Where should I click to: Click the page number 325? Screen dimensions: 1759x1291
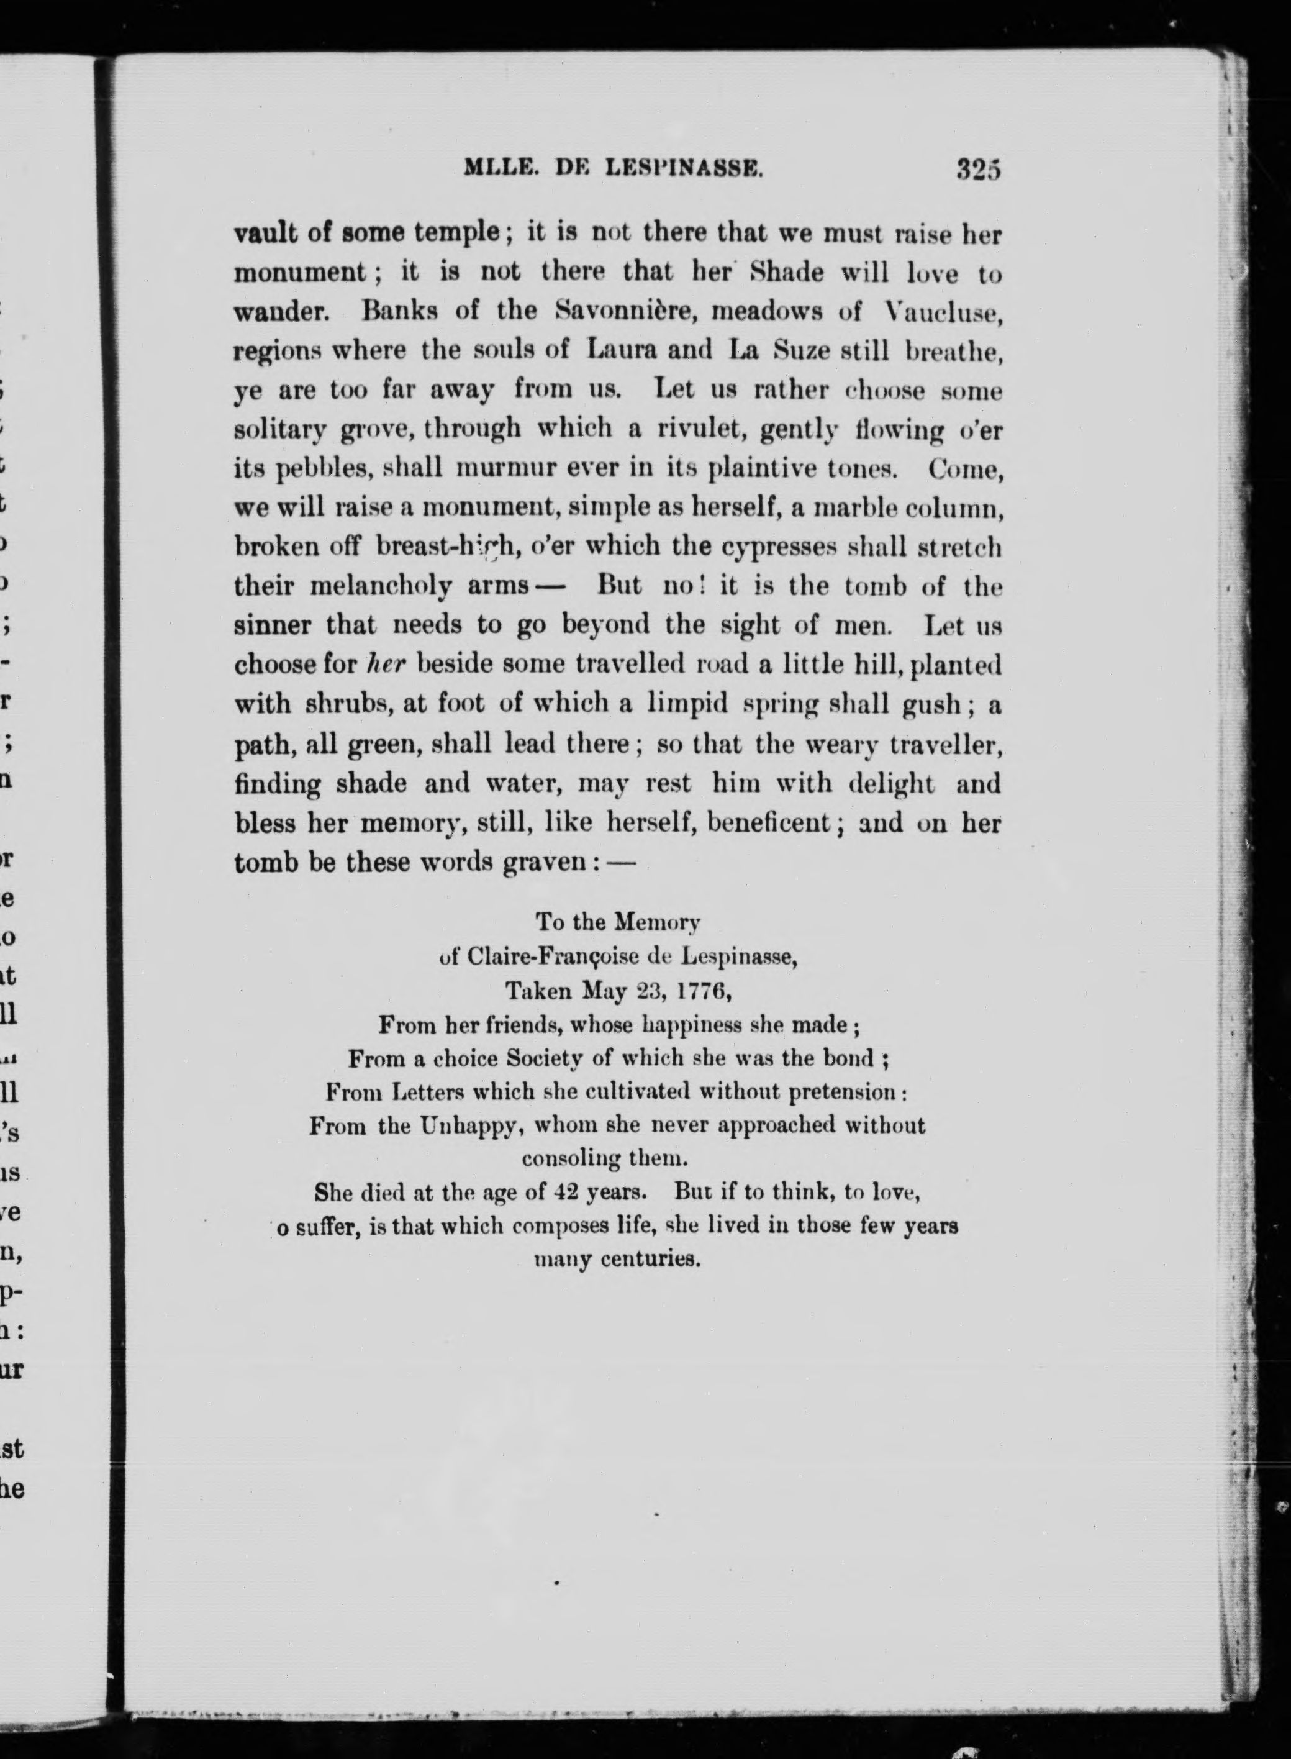click(977, 170)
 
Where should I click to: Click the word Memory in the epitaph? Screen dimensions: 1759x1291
click(656, 923)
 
